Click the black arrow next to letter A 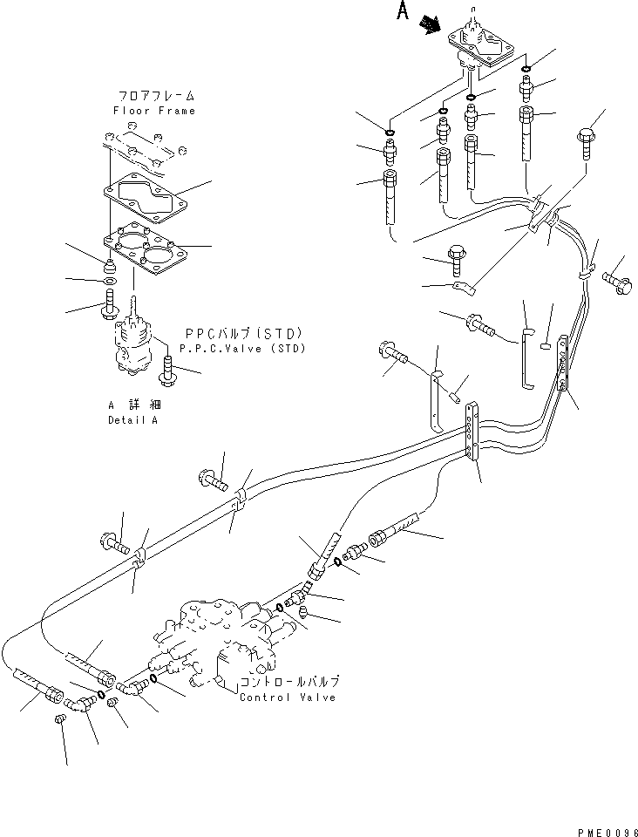pyautogui.click(x=429, y=25)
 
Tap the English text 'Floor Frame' pyautogui.click(x=153, y=111)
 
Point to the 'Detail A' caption pyautogui.click(x=133, y=420)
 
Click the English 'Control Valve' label pyautogui.click(x=288, y=697)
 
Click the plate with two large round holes pyautogui.click(x=144, y=253)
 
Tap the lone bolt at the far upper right pyautogui.click(x=585, y=143)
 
